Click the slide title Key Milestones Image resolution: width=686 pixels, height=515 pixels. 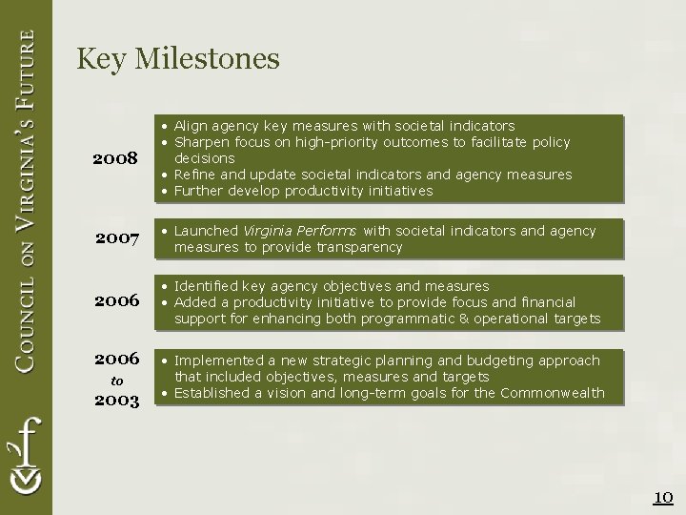(178, 59)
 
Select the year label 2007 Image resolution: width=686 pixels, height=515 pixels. (117, 237)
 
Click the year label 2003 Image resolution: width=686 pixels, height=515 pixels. (117, 401)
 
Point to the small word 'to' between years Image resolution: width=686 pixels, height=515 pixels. (117, 381)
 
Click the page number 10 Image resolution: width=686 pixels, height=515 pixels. (663, 497)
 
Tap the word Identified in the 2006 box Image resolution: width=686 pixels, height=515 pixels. (207, 286)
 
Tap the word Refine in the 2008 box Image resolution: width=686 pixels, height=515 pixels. (194, 175)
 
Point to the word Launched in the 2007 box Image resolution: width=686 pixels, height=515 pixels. (206, 231)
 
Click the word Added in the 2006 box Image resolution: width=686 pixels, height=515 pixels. (194, 302)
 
